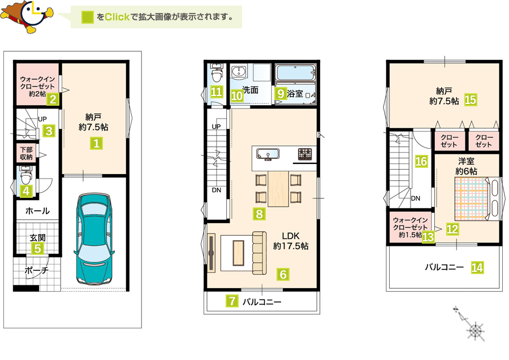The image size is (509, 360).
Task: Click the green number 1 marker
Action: click(96, 143)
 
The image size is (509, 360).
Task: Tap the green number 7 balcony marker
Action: click(232, 301)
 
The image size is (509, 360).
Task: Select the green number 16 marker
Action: click(421, 161)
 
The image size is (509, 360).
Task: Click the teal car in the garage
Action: click(94, 239)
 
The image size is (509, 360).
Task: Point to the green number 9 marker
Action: click(281, 93)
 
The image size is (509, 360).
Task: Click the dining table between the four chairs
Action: click(278, 189)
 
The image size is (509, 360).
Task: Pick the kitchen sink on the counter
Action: click(268, 154)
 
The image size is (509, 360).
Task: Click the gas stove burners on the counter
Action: click(305, 154)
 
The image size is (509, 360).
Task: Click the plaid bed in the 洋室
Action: click(472, 198)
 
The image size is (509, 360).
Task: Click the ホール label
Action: click(37, 211)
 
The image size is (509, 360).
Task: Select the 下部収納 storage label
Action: click(26, 153)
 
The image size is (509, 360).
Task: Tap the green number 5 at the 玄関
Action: click(38, 249)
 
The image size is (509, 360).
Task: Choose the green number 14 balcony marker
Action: click(477, 267)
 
